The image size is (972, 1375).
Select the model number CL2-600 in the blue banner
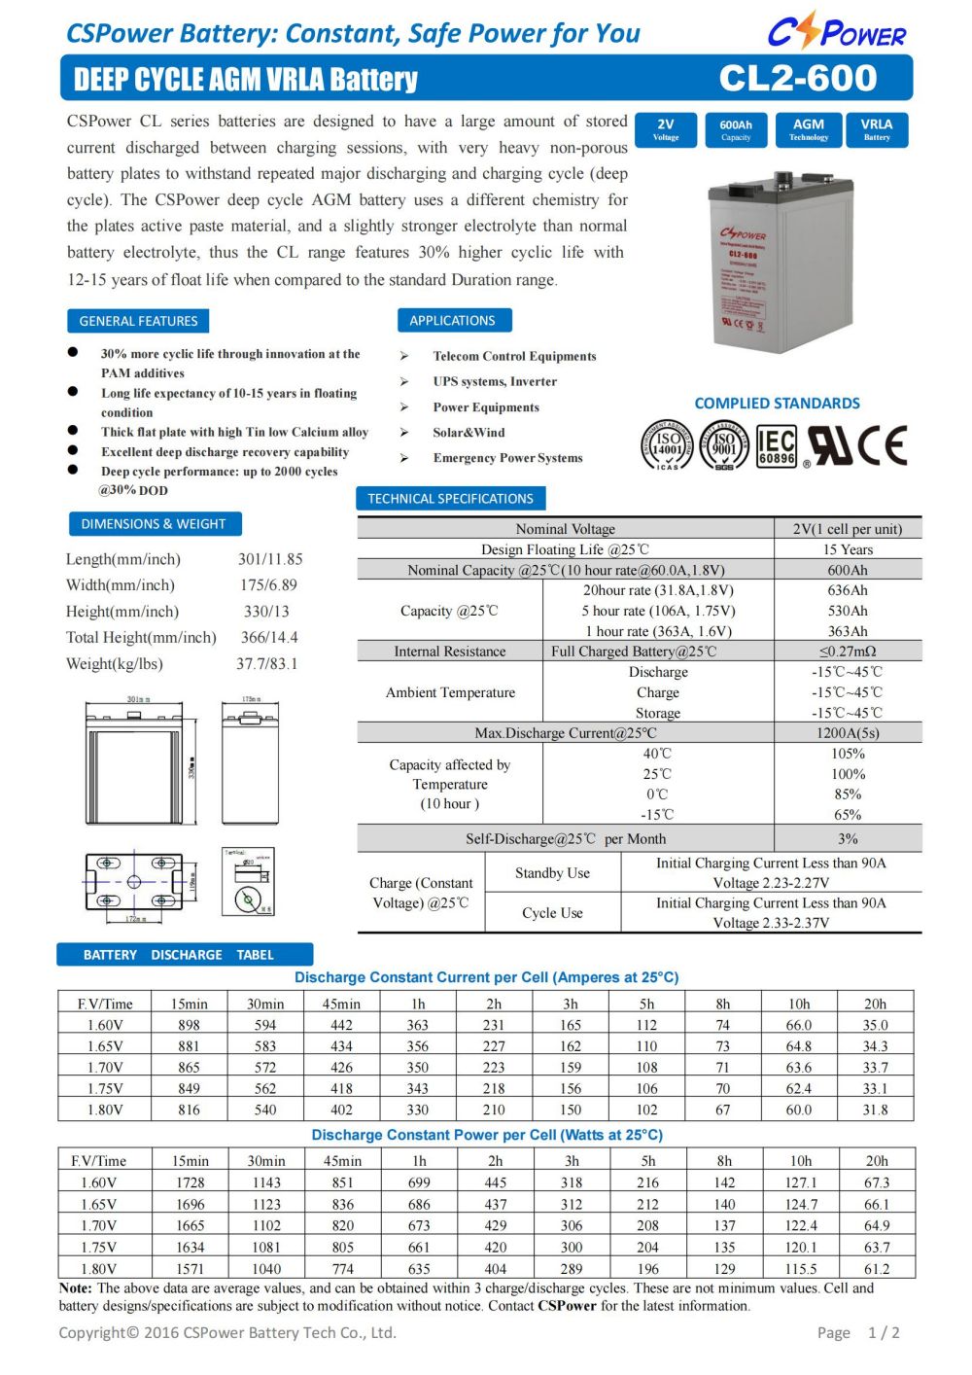798,78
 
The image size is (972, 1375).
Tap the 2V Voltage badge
666,129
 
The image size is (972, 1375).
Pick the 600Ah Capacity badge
736,129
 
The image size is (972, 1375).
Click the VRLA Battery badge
877,129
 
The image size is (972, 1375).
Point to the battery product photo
779,263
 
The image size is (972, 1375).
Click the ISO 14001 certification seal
667,446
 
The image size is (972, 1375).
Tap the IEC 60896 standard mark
776,446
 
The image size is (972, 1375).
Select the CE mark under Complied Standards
884,445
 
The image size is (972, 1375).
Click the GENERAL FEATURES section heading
138,321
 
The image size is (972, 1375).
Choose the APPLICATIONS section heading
452,320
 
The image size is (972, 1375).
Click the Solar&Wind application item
469,433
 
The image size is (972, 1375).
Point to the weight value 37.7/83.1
267,664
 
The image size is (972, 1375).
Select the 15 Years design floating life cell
848,549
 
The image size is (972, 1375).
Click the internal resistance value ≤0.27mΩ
848,652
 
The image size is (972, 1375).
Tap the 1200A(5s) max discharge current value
848,733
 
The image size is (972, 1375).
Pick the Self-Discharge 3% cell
848,838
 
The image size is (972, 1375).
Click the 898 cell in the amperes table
190,1025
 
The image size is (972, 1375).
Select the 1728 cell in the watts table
191,1182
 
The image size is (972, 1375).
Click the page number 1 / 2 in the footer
884,1333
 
